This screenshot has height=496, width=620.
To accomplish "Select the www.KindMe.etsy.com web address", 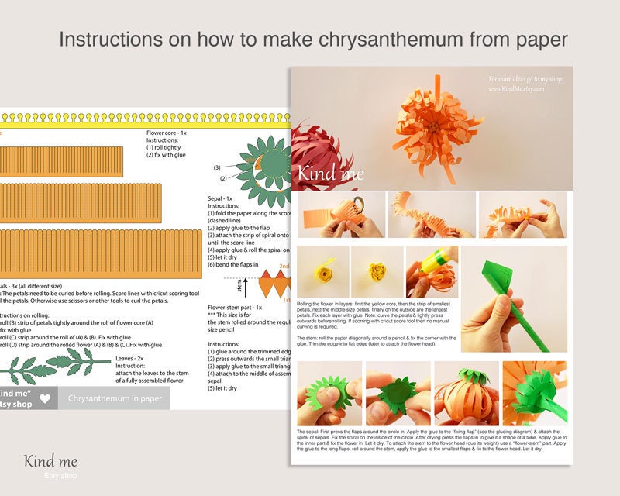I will pyautogui.click(x=517, y=89).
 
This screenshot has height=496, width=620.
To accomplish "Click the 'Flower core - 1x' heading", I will pyautogui.click(x=167, y=133).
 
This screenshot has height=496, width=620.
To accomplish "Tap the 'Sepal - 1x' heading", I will pyautogui.click(x=221, y=198).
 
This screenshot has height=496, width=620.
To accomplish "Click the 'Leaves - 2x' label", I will pyautogui.click(x=129, y=359).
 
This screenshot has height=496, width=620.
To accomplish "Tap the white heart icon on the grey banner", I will pyautogui.click(x=45, y=399).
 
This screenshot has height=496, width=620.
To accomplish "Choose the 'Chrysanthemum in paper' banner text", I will pyautogui.click(x=115, y=398).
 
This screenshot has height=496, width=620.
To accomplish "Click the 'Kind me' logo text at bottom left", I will pyautogui.click(x=50, y=462).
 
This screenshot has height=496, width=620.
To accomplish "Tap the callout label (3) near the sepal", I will pyautogui.click(x=217, y=167).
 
